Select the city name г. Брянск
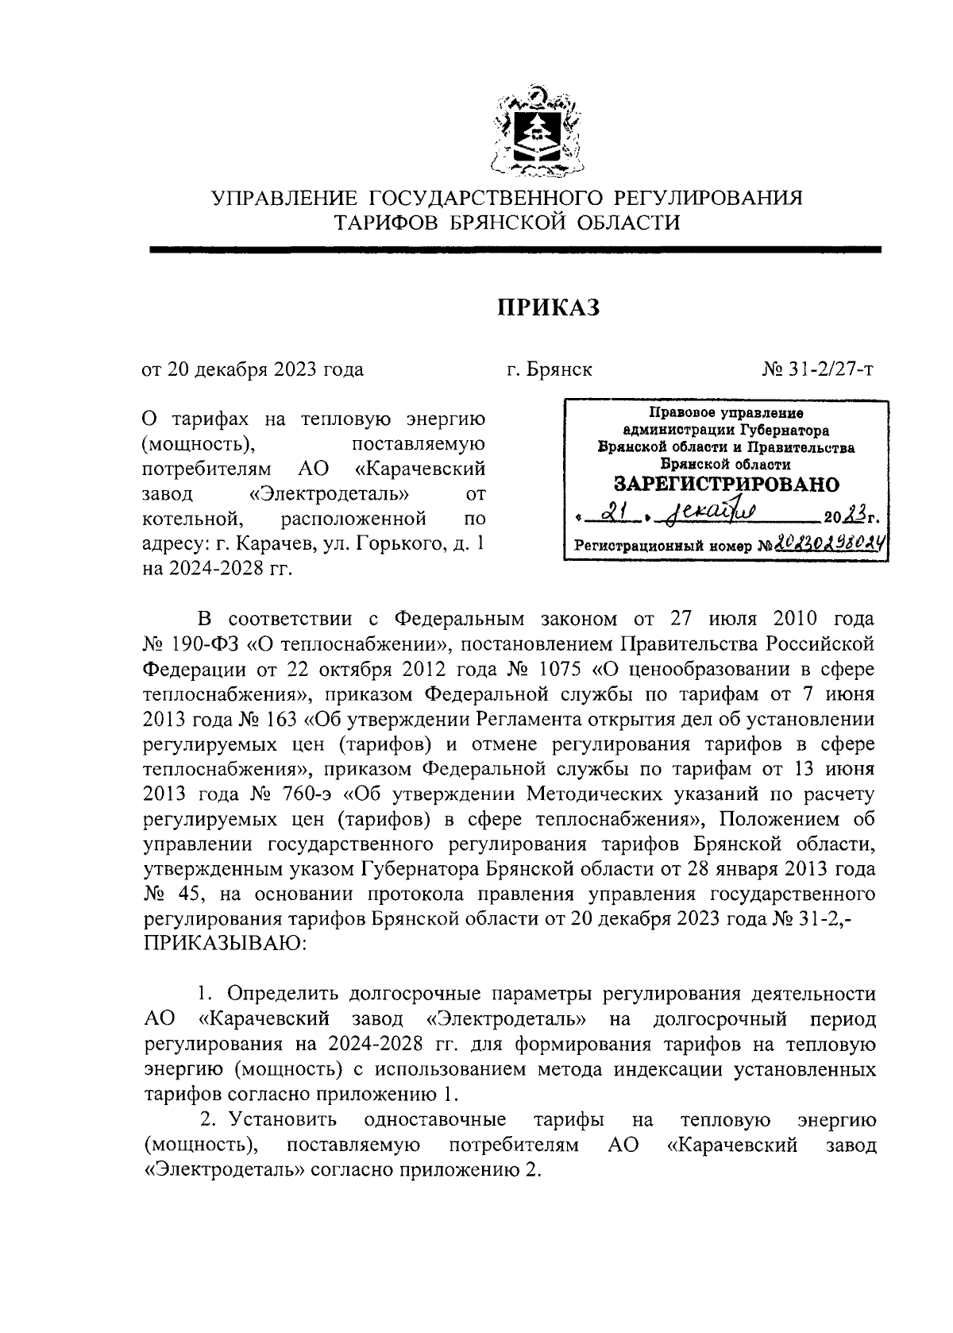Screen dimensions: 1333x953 549,369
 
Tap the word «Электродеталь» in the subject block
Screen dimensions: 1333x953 330,493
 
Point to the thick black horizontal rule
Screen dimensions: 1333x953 516,249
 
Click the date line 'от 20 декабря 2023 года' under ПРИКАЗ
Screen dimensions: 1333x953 253,369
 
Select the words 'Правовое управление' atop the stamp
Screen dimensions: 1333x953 726,413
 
